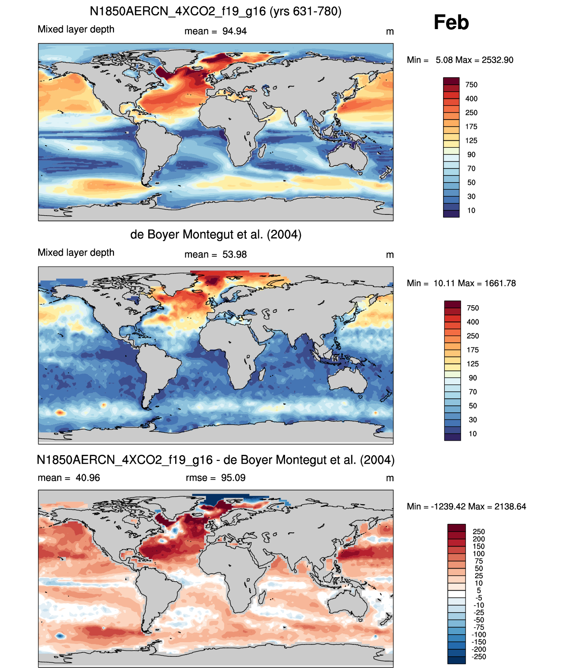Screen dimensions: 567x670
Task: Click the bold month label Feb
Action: [x=451, y=22]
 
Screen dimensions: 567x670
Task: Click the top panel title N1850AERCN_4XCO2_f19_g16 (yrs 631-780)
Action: [x=216, y=11]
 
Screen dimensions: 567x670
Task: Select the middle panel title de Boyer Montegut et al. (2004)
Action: [x=216, y=234]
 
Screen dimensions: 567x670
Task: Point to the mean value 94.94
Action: [x=234, y=31]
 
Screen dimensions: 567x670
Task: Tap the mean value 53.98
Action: [x=234, y=255]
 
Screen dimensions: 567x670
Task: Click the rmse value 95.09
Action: [x=233, y=478]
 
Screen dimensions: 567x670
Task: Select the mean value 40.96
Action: [x=88, y=478]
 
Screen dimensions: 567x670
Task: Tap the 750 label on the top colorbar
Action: [x=471, y=85]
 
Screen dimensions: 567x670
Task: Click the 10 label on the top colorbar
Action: [x=471, y=211]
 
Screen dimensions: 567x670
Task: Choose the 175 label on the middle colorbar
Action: [x=473, y=350]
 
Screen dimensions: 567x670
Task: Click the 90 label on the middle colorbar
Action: [x=473, y=378]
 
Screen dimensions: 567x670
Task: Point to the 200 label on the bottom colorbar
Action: [x=478, y=539]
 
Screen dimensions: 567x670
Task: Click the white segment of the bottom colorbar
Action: [x=456, y=594]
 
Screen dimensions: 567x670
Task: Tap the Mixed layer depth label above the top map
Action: [x=76, y=30]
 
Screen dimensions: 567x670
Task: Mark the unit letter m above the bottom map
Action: [x=390, y=479]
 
